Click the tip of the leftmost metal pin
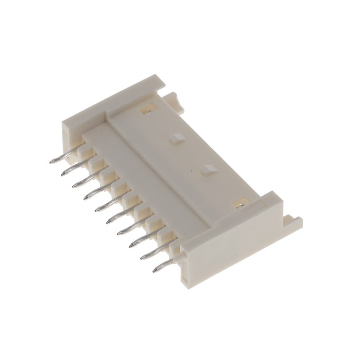click(x=51, y=161)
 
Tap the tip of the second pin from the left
click(x=63, y=173)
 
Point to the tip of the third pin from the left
click(x=74, y=184)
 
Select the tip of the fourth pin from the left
click(x=85, y=196)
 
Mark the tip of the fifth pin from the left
click(x=97, y=209)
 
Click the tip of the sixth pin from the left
click(x=108, y=221)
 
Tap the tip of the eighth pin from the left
click(x=131, y=245)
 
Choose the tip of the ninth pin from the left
click(x=143, y=257)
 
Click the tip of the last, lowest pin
click(x=155, y=270)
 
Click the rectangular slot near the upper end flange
click(x=147, y=108)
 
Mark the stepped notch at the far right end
click(x=293, y=221)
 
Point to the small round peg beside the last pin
click(x=180, y=257)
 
